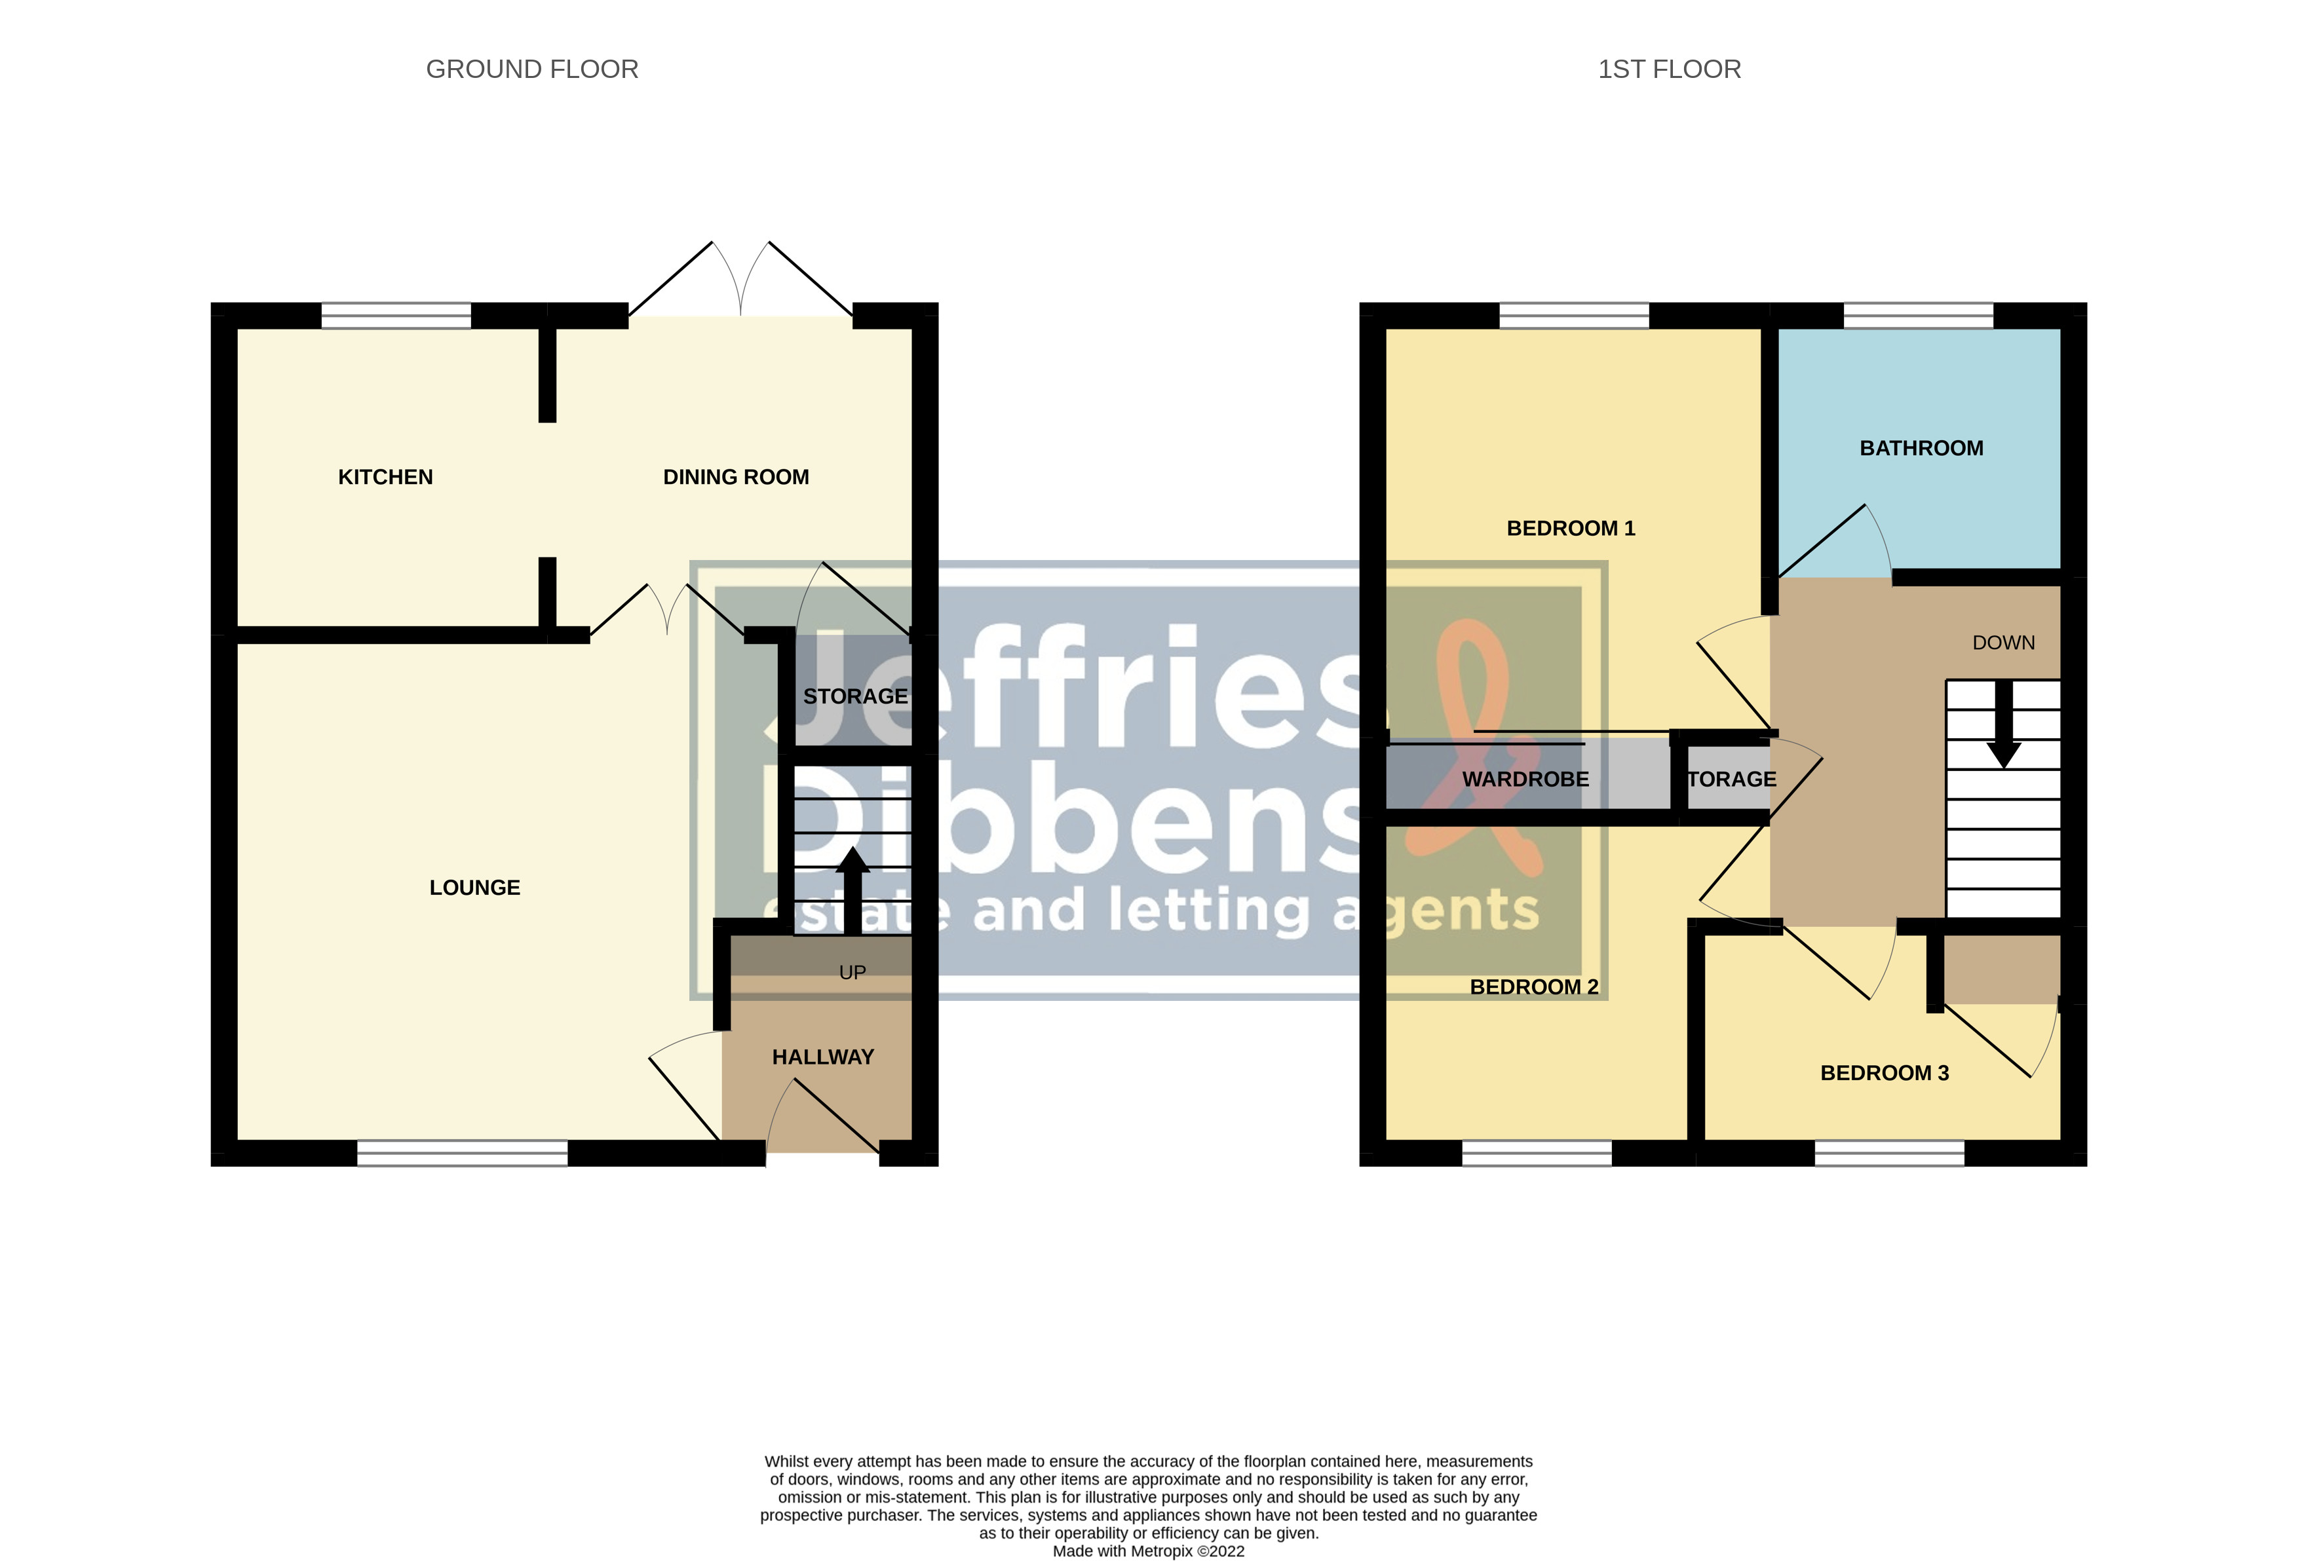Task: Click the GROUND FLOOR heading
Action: pyautogui.click(x=532, y=69)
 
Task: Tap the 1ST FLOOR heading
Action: pyautogui.click(x=1669, y=69)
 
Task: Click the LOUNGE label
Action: pyautogui.click(x=474, y=888)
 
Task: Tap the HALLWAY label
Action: pyautogui.click(x=823, y=1057)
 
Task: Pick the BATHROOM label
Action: pyautogui.click(x=1921, y=449)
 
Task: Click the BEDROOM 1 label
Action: pyautogui.click(x=1570, y=529)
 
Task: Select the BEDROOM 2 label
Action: pyautogui.click(x=1534, y=987)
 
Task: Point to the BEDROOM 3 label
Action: pyautogui.click(x=1885, y=1072)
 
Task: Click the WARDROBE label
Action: pyautogui.click(x=1525, y=779)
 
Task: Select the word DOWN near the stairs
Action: pyautogui.click(x=2003, y=643)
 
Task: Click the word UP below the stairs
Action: pyautogui.click(x=852, y=973)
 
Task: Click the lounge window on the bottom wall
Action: pyautogui.click(x=462, y=1153)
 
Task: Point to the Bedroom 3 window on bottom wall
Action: pyautogui.click(x=1888, y=1153)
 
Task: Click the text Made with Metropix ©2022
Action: pyautogui.click(x=1148, y=1550)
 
